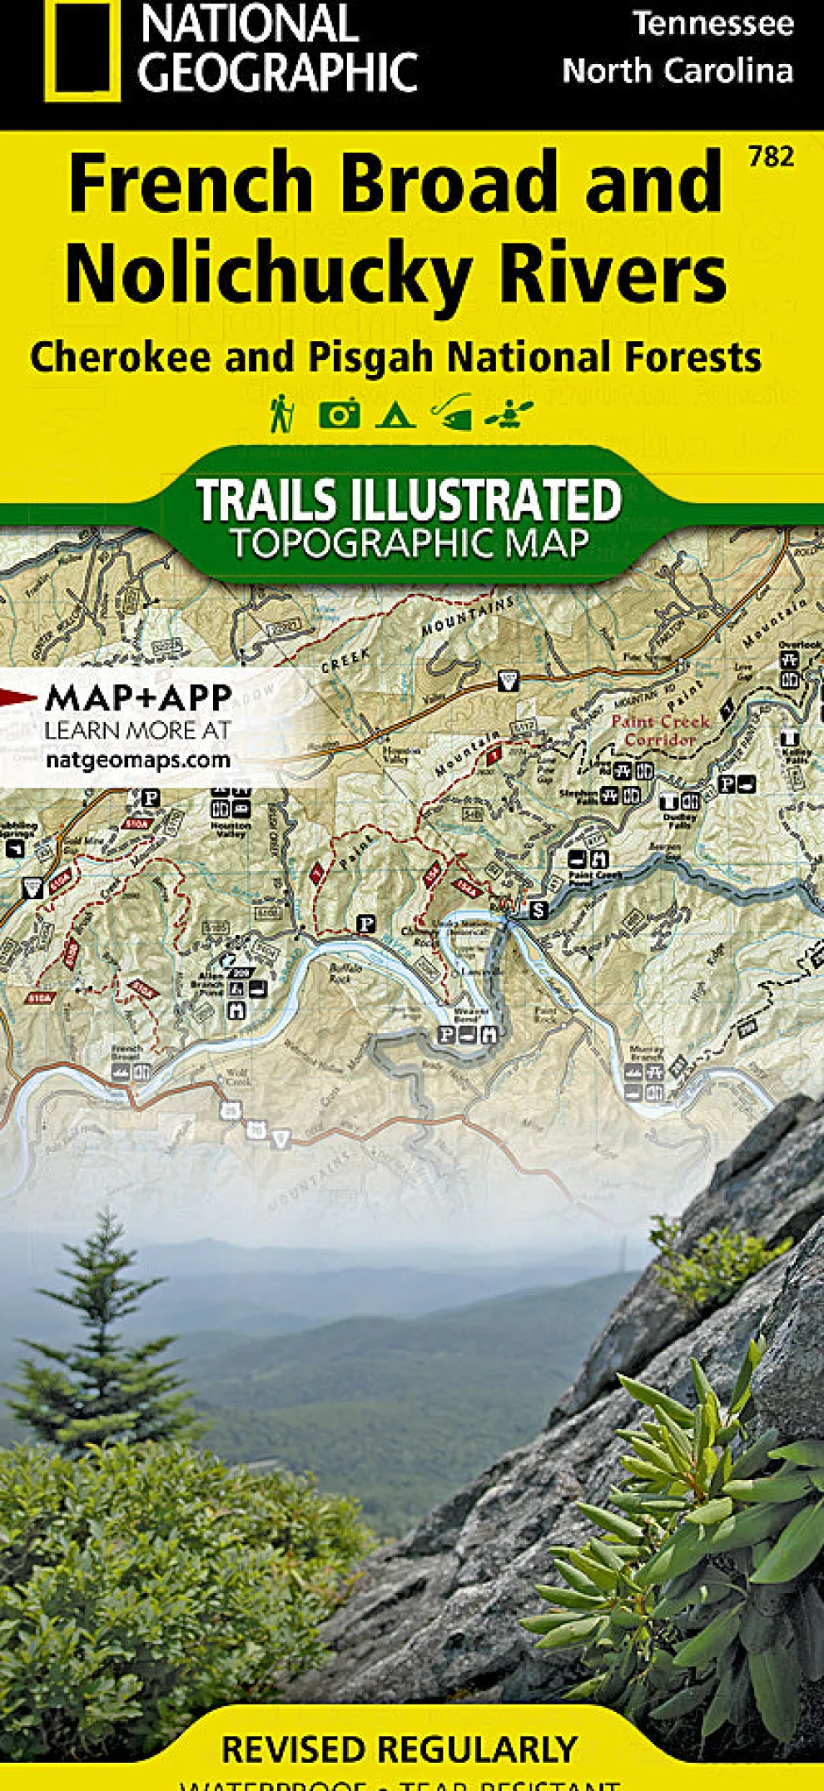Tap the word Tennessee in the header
(x=713, y=23)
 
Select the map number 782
(x=771, y=156)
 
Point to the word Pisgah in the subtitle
(x=371, y=358)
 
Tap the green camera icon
(x=339, y=413)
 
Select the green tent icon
(x=395, y=413)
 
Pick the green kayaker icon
(x=509, y=413)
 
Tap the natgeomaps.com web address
(x=137, y=759)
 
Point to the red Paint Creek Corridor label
(x=659, y=730)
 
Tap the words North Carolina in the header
(x=678, y=72)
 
